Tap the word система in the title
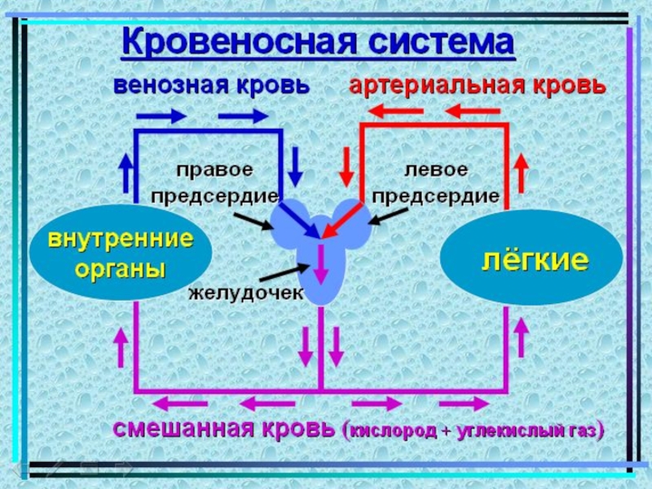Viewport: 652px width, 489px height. click(x=439, y=42)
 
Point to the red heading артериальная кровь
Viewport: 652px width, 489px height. click(x=478, y=86)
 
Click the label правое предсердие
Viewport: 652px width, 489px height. click(x=215, y=184)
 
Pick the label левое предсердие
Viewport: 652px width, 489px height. click(x=436, y=184)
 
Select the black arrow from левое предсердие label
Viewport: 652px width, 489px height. click(x=388, y=214)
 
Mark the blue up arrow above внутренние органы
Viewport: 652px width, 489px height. click(x=126, y=171)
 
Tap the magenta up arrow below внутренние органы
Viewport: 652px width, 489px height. click(x=124, y=346)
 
